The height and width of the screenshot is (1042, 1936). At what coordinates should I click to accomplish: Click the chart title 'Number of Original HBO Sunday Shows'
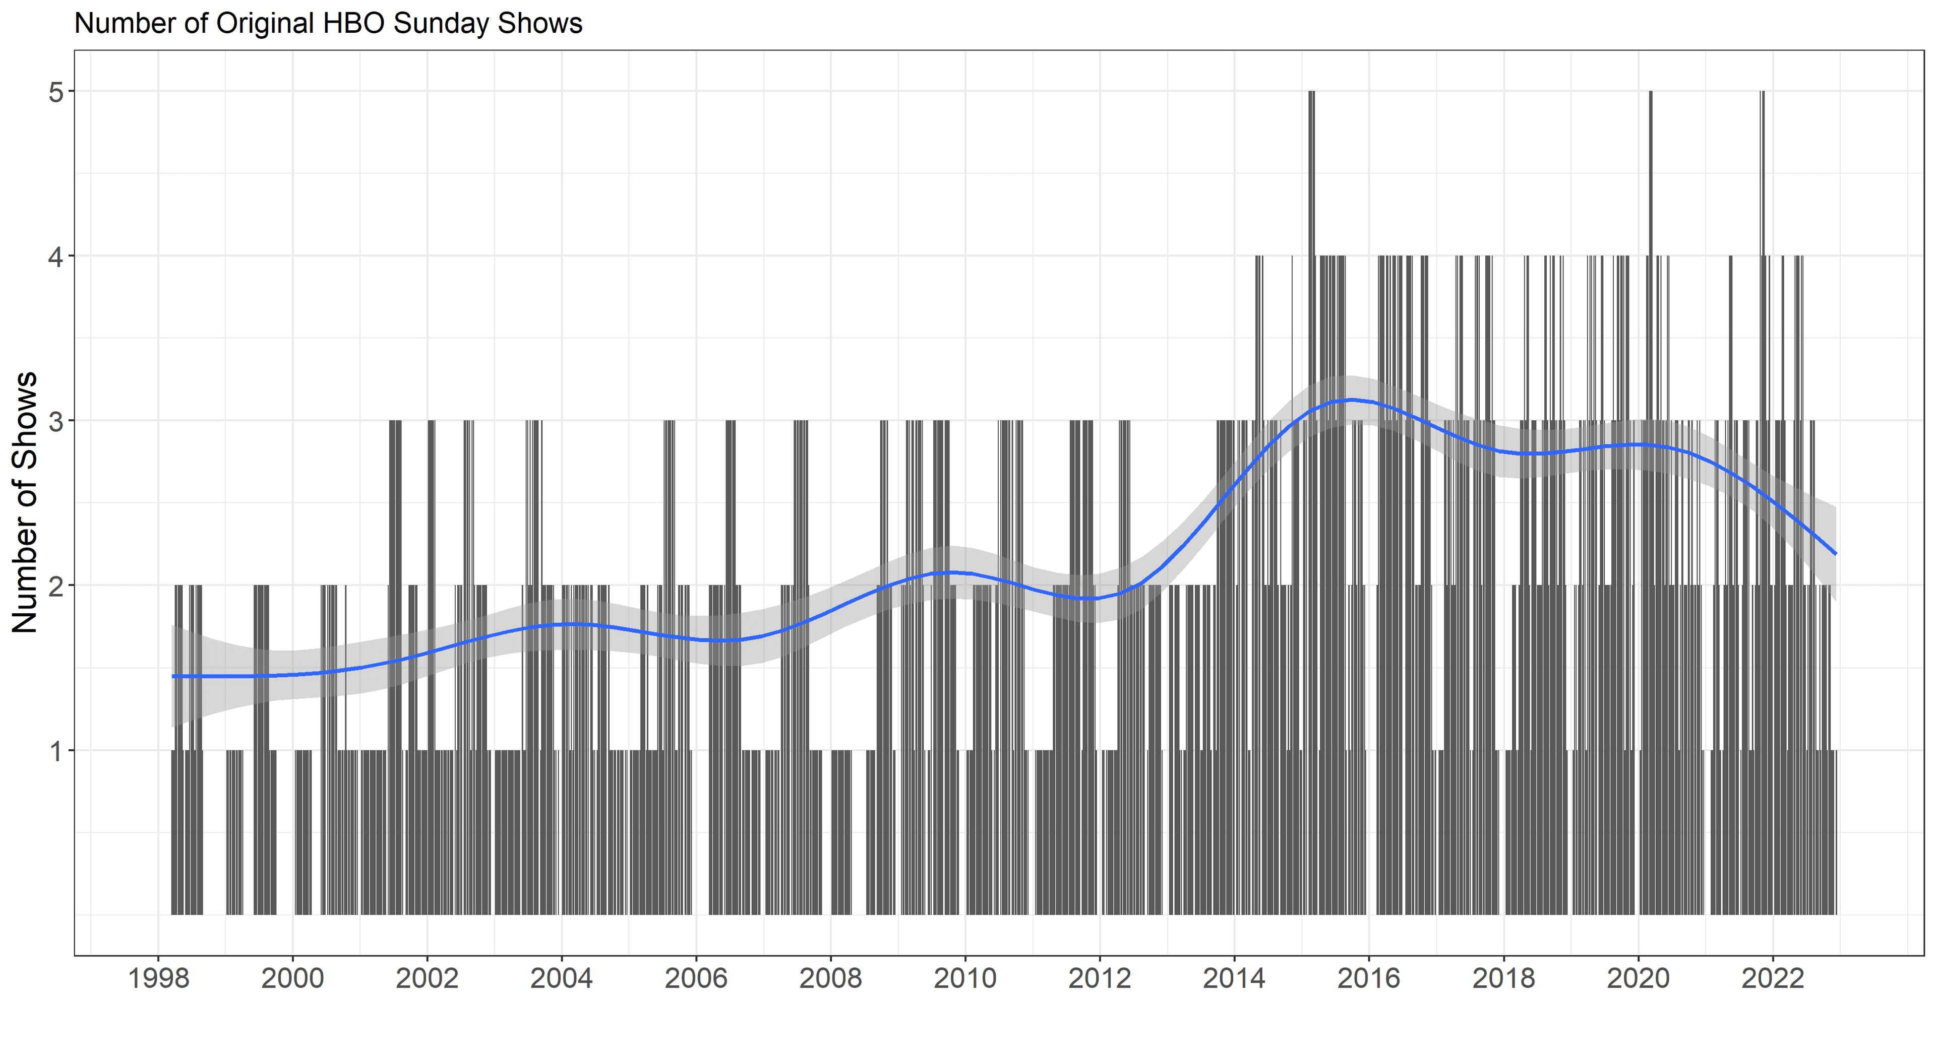click(328, 23)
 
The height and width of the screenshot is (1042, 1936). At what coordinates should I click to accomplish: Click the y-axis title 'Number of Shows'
click(25, 502)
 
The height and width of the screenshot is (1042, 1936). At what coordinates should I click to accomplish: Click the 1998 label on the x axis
click(159, 978)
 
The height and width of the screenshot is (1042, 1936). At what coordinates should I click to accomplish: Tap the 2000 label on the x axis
click(292, 978)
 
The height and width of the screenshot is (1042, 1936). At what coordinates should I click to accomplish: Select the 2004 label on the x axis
click(562, 978)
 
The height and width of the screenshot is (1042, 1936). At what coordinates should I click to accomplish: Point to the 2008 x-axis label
click(830, 978)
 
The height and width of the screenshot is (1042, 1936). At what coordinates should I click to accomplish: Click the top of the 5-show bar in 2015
click(1311, 92)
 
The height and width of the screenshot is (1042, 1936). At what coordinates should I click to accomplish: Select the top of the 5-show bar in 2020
click(1651, 92)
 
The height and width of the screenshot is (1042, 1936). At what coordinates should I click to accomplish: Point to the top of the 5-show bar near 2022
click(1763, 92)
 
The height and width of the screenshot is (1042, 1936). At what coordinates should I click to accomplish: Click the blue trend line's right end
click(1835, 554)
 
